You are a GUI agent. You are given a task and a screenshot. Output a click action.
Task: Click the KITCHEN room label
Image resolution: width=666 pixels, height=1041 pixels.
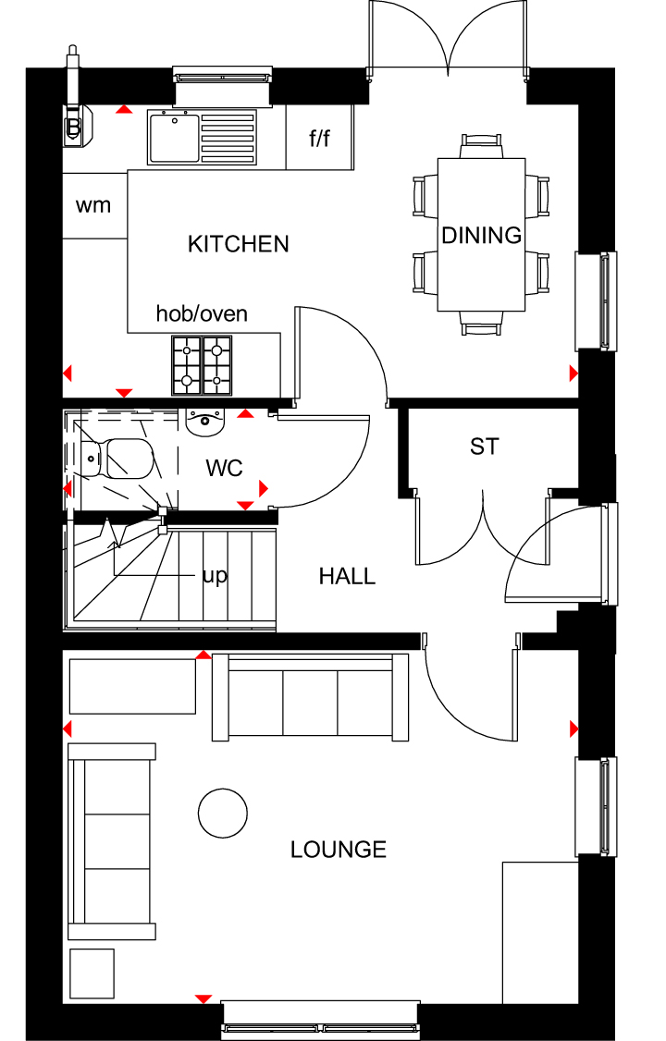(x=239, y=244)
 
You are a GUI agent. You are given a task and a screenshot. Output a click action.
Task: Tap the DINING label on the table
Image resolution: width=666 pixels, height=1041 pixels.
(x=481, y=235)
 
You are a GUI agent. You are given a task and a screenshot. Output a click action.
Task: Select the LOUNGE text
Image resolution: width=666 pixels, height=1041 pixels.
(x=338, y=849)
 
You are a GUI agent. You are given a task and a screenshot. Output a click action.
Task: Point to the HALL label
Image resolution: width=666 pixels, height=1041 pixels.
(x=347, y=576)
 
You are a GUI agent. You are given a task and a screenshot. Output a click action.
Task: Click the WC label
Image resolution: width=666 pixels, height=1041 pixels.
(x=225, y=468)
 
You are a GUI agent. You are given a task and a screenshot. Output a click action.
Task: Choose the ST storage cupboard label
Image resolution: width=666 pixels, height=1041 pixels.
(x=484, y=447)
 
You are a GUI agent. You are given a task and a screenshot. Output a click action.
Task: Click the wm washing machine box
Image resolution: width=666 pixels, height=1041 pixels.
(x=94, y=206)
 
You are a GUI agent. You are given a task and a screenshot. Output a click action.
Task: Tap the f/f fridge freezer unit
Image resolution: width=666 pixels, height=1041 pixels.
(x=319, y=138)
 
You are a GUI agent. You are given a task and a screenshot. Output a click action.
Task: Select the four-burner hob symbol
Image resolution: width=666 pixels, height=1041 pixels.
(x=203, y=364)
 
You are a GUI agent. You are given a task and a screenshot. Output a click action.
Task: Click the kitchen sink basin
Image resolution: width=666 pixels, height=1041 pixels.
(x=174, y=138)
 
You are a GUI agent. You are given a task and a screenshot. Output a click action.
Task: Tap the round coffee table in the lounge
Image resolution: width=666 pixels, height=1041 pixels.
(x=223, y=814)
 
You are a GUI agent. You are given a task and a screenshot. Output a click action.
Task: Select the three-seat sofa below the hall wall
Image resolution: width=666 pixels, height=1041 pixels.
(x=311, y=697)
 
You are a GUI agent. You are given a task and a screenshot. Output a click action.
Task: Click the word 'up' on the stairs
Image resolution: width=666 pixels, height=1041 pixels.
(x=215, y=576)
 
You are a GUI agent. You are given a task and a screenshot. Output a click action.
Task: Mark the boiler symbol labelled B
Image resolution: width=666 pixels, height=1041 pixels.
(x=74, y=126)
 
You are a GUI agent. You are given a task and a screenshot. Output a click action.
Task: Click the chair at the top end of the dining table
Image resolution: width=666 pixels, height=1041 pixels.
(x=482, y=146)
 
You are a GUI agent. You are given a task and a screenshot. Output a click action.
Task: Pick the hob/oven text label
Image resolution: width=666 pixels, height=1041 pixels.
(x=202, y=313)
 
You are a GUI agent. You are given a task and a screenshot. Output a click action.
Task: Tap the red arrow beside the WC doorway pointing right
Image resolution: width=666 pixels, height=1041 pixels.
(x=263, y=489)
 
